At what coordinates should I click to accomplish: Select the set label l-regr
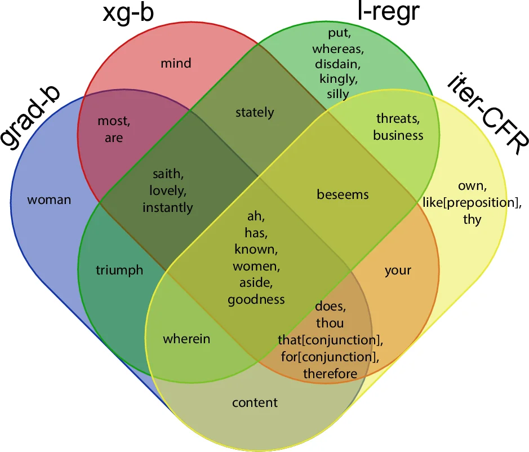pyautogui.click(x=389, y=11)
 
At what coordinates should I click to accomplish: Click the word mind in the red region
pyautogui.click(x=176, y=63)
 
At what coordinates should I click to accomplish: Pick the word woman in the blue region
pyautogui.click(x=49, y=200)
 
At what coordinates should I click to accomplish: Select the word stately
pyautogui.click(x=255, y=112)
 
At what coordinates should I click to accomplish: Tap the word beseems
pyautogui.click(x=343, y=194)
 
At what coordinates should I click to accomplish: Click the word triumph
pyautogui.click(x=119, y=270)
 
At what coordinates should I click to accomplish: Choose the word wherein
pyautogui.click(x=186, y=339)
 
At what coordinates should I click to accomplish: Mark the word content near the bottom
pyautogui.click(x=255, y=402)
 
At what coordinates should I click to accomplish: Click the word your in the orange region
pyautogui.click(x=398, y=270)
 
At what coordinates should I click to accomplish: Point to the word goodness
pyautogui.click(x=256, y=299)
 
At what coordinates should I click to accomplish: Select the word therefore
pyautogui.click(x=330, y=373)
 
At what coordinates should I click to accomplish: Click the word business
pyautogui.click(x=398, y=135)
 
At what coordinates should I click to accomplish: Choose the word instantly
pyautogui.click(x=167, y=207)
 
